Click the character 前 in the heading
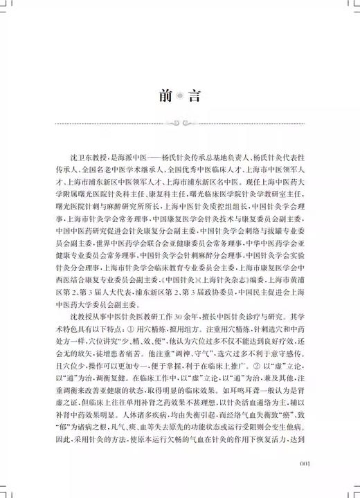161,95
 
